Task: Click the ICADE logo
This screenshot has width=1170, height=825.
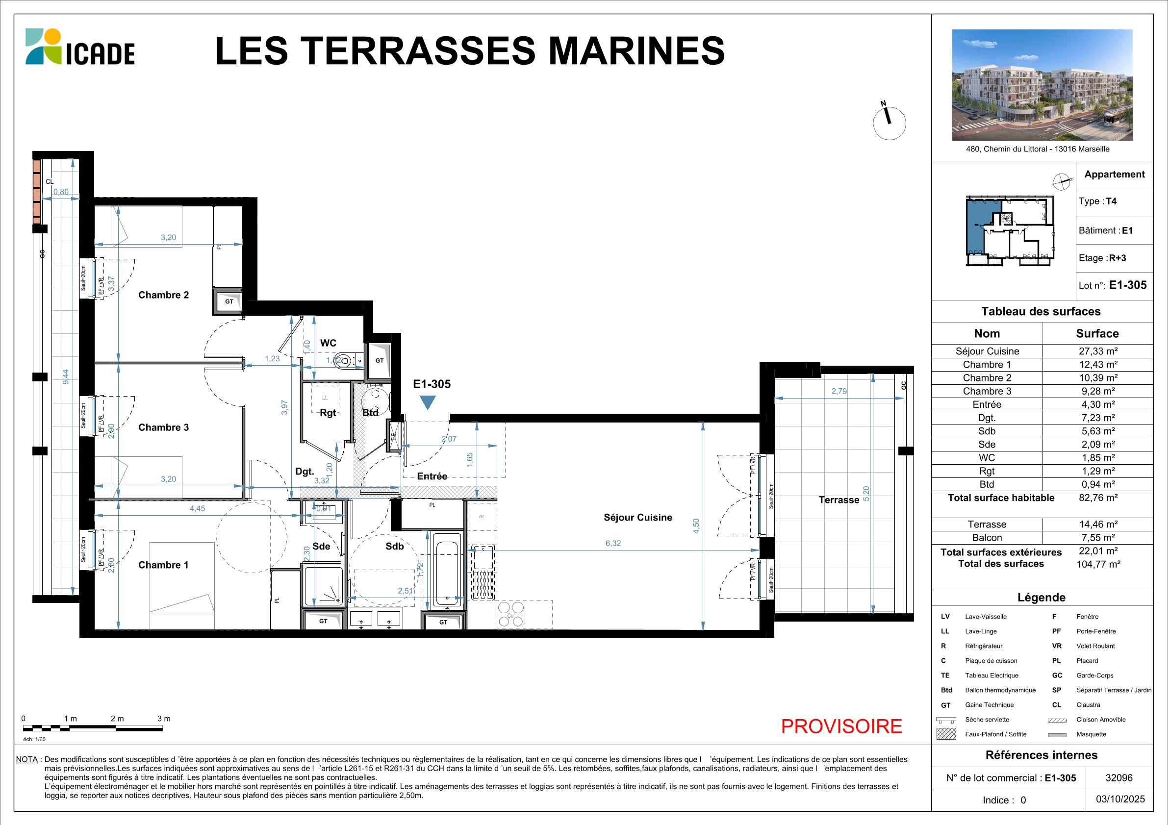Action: click(x=80, y=47)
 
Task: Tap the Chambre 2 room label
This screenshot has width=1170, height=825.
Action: click(x=164, y=295)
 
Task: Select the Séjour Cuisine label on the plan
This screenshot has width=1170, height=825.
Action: click(x=637, y=518)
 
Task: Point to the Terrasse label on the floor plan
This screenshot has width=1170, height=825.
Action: click(x=839, y=500)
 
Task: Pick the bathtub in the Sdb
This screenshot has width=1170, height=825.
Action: click(x=447, y=570)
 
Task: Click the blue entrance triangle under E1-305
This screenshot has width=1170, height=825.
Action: click(x=427, y=402)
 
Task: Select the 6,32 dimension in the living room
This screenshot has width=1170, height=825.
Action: click(x=613, y=543)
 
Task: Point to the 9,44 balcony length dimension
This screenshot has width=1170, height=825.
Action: click(x=65, y=377)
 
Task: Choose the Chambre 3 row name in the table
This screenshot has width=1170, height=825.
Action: click(x=987, y=391)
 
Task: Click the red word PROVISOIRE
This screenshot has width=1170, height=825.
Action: click(x=841, y=726)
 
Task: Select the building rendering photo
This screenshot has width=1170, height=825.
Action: click(x=1042, y=85)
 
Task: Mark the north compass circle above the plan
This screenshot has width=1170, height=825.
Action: click(x=889, y=123)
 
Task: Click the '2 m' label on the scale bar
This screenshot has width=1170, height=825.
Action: click(x=117, y=719)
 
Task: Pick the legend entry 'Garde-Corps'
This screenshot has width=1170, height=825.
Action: click(x=1095, y=675)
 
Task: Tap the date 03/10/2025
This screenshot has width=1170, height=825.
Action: click(x=1120, y=799)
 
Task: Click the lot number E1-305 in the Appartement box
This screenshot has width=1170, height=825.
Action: click(x=1128, y=285)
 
